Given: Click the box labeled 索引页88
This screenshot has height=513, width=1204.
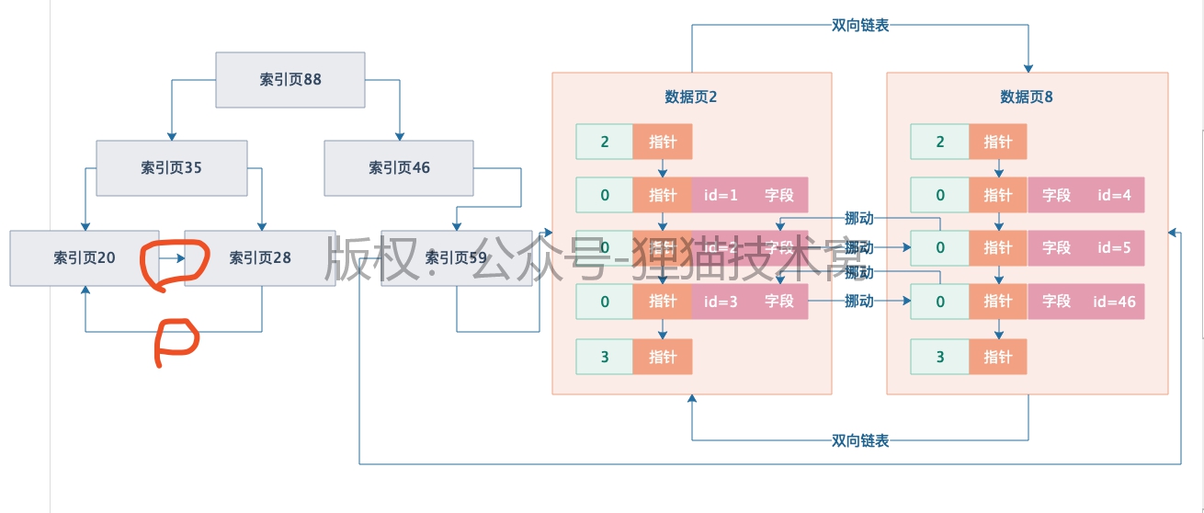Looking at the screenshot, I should [x=290, y=80].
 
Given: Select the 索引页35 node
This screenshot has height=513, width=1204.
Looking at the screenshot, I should [x=171, y=168].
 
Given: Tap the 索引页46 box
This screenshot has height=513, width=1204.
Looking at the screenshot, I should [x=399, y=168].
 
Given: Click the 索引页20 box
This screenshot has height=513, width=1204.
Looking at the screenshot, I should [x=84, y=258].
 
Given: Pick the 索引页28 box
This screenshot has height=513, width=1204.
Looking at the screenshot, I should [x=260, y=258].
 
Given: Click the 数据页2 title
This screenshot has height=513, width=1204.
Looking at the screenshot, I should [x=690, y=97].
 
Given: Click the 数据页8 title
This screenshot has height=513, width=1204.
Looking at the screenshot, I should [x=1026, y=97].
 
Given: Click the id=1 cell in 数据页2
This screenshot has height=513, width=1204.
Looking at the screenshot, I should [x=721, y=195].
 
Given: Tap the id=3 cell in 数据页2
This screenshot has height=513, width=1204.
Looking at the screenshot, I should [x=721, y=302].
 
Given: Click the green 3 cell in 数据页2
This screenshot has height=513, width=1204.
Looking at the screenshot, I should [x=605, y=357].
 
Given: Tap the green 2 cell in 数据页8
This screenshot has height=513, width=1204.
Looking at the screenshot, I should [x=939, y=142].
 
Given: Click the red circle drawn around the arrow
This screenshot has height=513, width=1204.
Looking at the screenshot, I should [x=173, y=263].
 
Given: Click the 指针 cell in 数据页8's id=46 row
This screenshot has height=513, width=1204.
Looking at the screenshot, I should [x=997, y=302].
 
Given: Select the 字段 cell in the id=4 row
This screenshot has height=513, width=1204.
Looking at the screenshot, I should [x=1056, y=195].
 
